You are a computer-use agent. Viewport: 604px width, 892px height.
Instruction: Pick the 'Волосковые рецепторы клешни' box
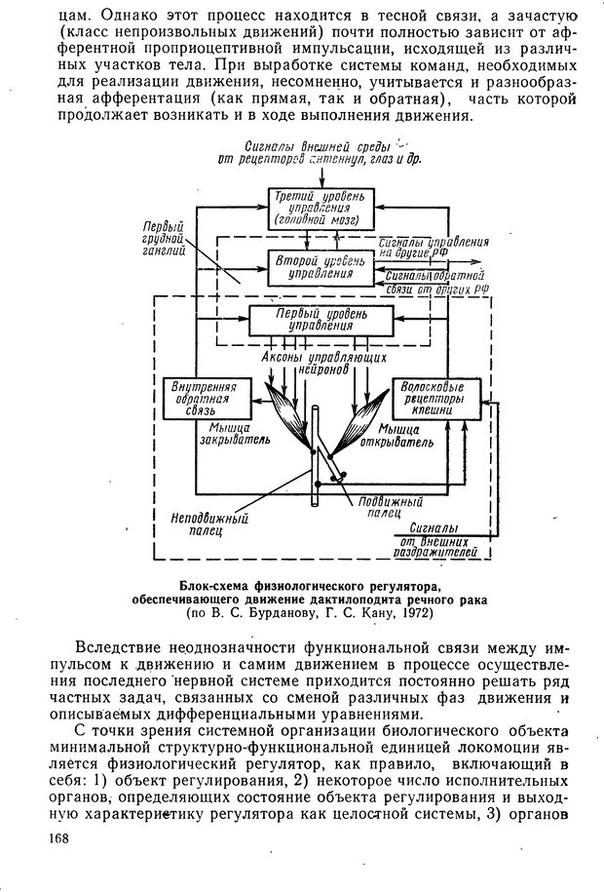pos(436,398)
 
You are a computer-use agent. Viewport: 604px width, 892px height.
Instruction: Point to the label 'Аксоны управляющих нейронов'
pos(314,365)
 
